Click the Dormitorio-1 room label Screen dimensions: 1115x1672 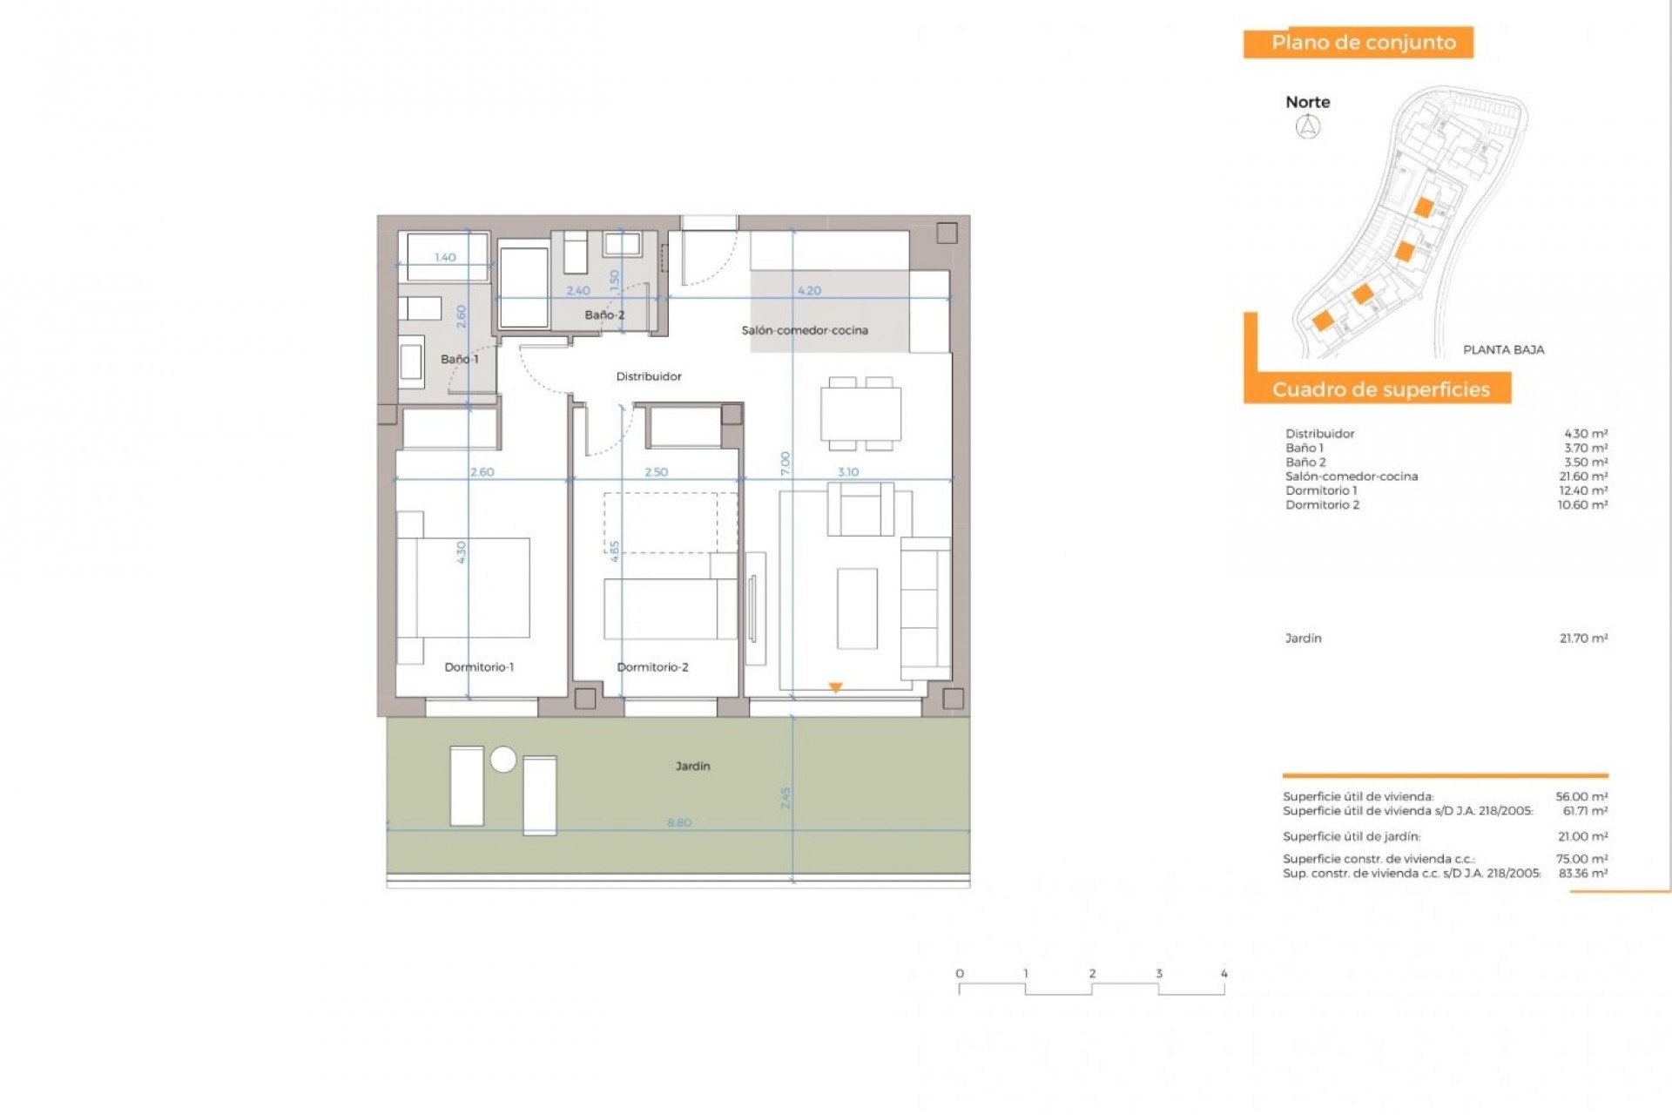click(479, 667)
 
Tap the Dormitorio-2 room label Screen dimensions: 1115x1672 click(652, 667)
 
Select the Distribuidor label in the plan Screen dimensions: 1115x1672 click(649, 376)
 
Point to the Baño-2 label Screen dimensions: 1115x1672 click(604, 315)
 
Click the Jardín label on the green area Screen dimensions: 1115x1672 click(692, 767)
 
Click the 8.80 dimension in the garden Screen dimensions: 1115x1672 click(679, 822)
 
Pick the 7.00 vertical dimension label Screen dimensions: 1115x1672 click(785, 463)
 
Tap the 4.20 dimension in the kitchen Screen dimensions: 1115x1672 click(809, 291)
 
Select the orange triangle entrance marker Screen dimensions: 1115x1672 click(835, 687)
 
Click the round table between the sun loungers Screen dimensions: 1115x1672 click(503, 760)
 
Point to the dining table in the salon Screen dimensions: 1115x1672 click(860, 415)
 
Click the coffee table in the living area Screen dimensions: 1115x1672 click(857, 608)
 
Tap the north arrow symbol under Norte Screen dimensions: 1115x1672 click(1308, 127)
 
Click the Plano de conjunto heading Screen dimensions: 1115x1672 click(1363, 43)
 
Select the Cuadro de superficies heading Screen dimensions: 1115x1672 click(1380, 389)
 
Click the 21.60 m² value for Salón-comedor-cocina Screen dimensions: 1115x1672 click(1583, 476)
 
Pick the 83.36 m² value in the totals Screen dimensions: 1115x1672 click(1583, 873)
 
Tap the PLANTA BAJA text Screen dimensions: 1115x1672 click(1503, 350)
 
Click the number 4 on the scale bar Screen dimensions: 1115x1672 click(1224, 974)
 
